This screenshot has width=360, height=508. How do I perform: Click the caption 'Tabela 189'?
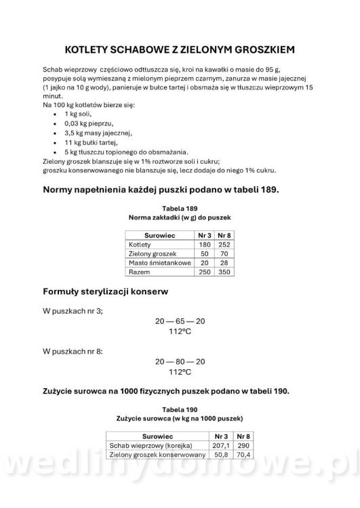coord(180,208)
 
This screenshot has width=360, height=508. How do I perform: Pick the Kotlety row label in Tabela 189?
coord(140,244)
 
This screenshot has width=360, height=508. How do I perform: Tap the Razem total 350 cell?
coord(223,271)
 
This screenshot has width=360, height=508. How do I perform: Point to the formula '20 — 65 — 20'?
coord(180,322)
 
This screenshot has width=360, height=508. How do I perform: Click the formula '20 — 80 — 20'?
coord(180,362)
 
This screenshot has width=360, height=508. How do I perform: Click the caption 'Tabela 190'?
coord(180,410)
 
